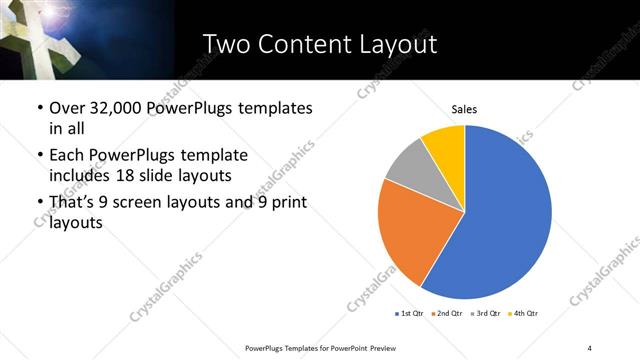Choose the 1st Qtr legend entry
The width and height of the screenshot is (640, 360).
(409, 314)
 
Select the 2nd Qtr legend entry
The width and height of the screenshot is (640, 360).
(446, 314)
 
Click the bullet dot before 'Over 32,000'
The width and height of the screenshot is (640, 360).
(39, 108)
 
